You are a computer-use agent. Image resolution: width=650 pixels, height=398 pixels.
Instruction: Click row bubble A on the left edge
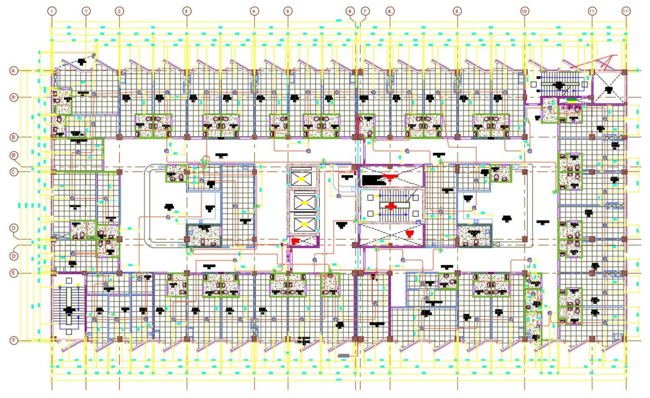point(14,71)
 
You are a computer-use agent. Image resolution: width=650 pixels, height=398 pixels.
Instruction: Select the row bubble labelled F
point(14,341)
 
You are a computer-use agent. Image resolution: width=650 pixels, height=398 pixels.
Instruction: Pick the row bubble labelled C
point(14,172)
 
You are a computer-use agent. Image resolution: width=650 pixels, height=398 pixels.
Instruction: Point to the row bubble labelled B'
point(14,155)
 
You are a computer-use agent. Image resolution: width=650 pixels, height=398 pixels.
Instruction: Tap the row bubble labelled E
point(14,273)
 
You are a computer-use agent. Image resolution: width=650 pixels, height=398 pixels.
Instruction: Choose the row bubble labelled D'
point(14,256)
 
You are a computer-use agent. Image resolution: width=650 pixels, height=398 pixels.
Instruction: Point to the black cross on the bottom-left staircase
point(69,309)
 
